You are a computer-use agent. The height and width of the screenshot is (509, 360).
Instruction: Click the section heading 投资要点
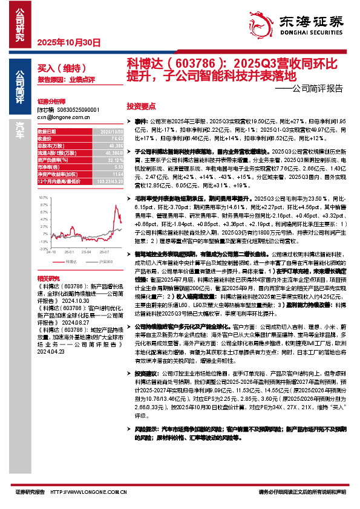[x=141, y=105]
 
